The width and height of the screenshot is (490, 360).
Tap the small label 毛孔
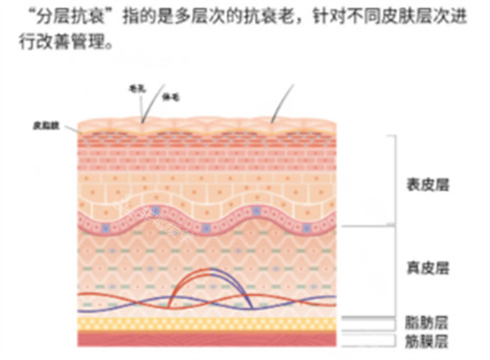click(x=137, y=86)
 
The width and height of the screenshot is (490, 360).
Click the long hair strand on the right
click(x=283, y=100)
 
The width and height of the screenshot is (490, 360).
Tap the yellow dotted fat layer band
click(x=206, y=322)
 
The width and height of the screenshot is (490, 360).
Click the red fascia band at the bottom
click(x=206, y=339)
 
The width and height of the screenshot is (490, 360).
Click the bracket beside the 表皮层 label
click(x=391, y=181)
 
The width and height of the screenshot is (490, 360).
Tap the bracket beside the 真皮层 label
click(x=391, y=270)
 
